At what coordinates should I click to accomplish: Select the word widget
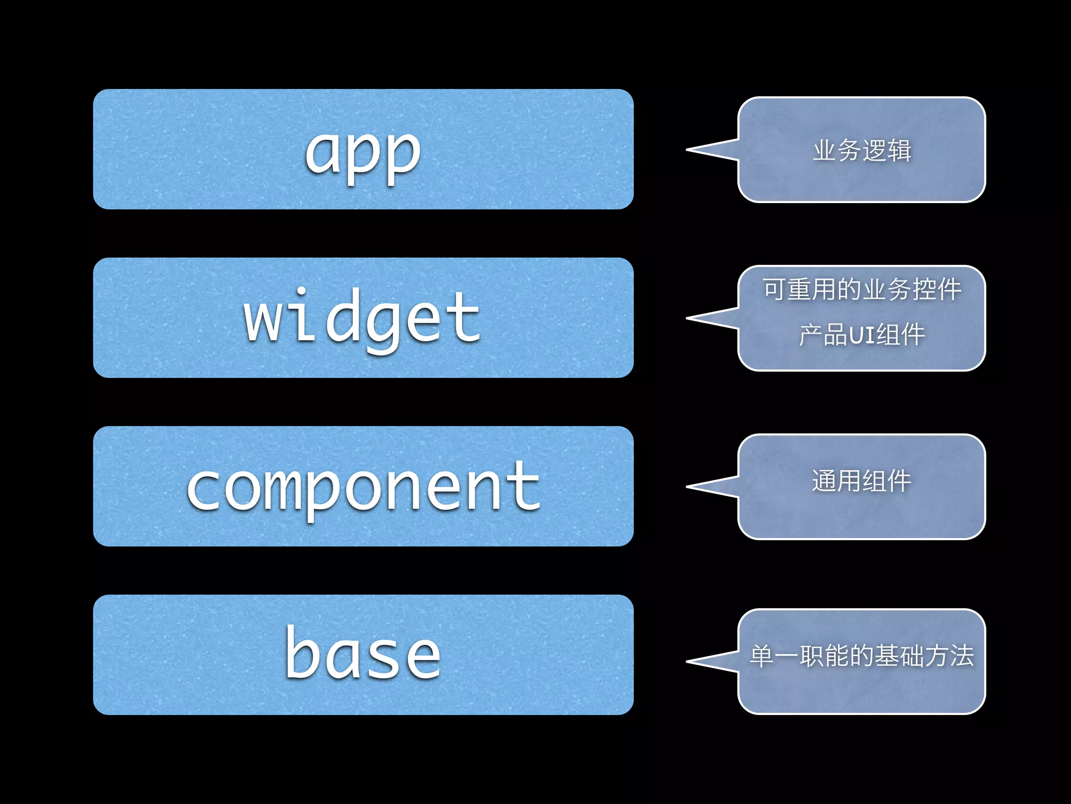[x=362, y=318]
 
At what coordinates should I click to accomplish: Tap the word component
[x=363, y=488]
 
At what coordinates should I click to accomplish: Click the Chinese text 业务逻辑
[x=862, y=151]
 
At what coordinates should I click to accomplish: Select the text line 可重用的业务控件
[x=862, y=289]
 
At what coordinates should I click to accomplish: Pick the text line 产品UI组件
[x=862, y=335]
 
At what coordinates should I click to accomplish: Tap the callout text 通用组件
[x=862, y=481]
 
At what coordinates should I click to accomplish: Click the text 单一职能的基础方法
[x=862, y=656]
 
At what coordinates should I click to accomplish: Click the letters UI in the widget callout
[x=862, y=336]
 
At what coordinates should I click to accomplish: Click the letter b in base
[x=302, y=653]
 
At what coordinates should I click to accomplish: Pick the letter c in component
[x=206, y=488]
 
